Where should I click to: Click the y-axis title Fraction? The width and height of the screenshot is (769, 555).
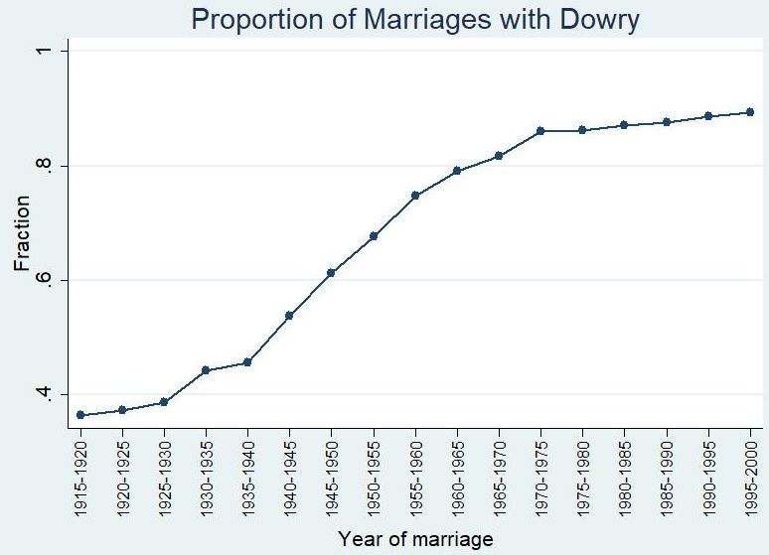click(x=22, y=233)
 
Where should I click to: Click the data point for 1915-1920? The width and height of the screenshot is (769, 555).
click(x=80, y=415)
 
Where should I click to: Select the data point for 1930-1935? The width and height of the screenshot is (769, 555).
click(x=206, y=370)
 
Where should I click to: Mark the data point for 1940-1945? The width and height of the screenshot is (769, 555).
click(x=289, y=316)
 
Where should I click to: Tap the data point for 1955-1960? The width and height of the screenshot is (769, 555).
click(x=415, y=196)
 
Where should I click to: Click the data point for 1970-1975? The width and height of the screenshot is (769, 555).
click(x=540, y=130)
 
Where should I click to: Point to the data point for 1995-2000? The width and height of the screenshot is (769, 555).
click(x=750, y=112)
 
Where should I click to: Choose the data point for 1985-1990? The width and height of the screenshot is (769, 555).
click(x=667, y=122)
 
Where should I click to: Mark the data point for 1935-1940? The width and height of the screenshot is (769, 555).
click(x=247, y=362)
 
